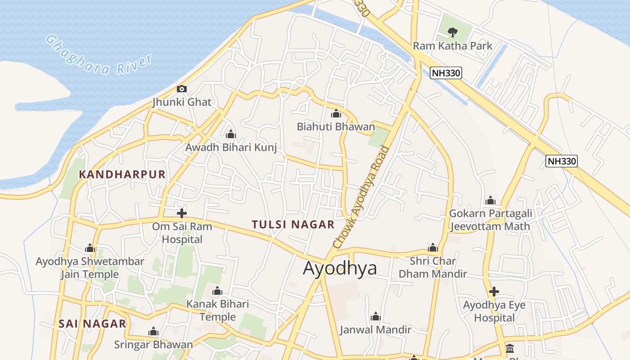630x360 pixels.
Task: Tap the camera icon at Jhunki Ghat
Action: (182, 89)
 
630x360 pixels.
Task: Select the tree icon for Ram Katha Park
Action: (453, 32)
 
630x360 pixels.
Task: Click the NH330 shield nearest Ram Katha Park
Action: (446, 73)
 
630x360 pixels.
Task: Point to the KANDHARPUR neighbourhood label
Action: (122, 175)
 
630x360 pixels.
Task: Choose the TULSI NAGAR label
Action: (293, 225)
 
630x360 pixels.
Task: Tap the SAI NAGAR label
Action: (92, 324)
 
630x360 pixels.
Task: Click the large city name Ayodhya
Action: (340, 268)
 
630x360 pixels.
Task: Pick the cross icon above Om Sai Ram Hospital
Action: (182, 213)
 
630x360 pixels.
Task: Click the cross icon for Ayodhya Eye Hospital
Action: (494, 292)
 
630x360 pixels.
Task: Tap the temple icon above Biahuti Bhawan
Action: (336, 113)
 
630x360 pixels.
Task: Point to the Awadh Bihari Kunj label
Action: (231, 147)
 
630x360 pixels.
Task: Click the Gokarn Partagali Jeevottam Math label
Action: (490, 220)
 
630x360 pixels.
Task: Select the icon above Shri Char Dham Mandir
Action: (433, 247)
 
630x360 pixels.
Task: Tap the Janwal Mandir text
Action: (375, 330)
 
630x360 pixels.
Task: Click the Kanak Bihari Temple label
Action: (217, 310)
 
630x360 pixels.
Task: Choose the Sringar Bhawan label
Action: (153, 345)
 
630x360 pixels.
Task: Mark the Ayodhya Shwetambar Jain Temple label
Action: (90, 268)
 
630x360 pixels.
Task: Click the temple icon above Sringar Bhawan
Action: (153, 332)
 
